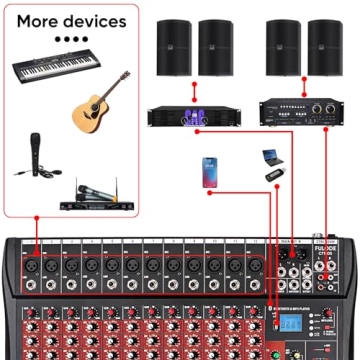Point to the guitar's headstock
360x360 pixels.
tap(123, 77)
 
